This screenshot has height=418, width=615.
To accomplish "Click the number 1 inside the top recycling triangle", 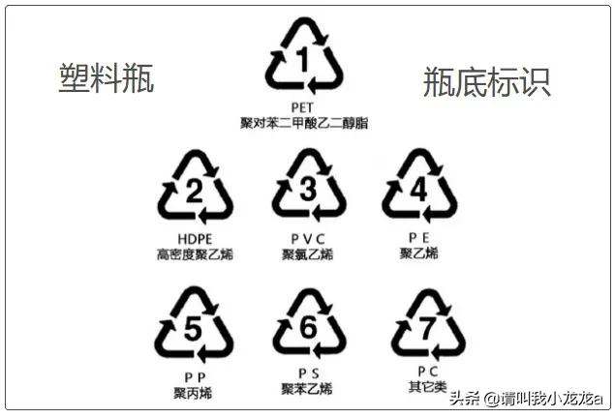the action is click(x=303, y=60).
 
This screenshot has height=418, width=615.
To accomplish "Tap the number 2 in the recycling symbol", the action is click(x=194, y=192).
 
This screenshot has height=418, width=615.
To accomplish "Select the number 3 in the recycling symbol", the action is click(x=308, y=190).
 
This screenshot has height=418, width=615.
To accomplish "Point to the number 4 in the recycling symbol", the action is click(x=419, y=190).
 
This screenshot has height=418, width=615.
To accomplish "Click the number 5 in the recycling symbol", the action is click(x=193, y=329).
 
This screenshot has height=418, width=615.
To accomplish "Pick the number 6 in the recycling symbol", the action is click(x=309, y=327).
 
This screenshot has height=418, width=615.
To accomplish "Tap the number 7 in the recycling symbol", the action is click(x=427, y=328).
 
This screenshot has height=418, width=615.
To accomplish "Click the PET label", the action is click(x=302, y=107).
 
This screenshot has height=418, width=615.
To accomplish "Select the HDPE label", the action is click(x=195, y=239).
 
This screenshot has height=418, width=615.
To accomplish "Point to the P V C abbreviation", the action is click(x=308, y=239).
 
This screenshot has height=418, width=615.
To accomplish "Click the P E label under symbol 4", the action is click(x=419, y=238).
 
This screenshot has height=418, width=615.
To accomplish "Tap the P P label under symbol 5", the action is click(x=195, y=377).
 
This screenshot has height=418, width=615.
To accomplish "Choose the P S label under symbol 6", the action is click(x=309, y=373).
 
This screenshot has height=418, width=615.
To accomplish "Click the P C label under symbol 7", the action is click(x=427, y=372).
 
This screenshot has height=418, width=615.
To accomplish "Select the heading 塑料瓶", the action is click(x=106, y=78).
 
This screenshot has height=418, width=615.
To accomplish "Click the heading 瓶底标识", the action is click(x=487, y=81).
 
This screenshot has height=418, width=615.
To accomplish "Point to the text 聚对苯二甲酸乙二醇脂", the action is click(x=304, y=123).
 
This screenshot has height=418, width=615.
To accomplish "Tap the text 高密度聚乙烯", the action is click(x=195, y=254).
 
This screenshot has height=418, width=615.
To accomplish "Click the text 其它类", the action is click(x=427, y=387).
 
